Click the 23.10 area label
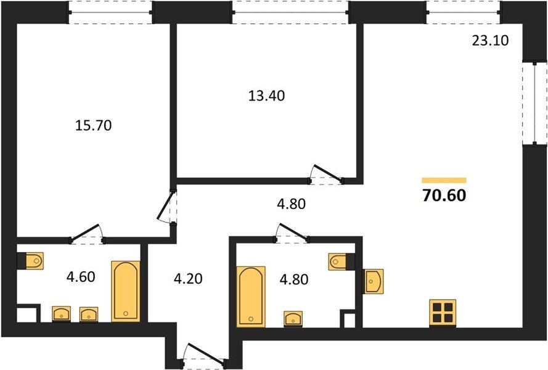(490, 41)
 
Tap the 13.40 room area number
(266, 96)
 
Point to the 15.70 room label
(93, 125)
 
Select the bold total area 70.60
(444, 195)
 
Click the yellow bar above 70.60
(444, 180)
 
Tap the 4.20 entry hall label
(188, 279)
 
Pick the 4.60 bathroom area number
(81, 277)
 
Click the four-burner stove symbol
(443, 313)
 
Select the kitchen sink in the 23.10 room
(374, 281)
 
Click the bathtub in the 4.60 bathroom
(126, 291)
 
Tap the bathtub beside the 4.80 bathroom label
(251, 297)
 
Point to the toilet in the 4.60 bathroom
(31, 261)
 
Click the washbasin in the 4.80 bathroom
(293, 319)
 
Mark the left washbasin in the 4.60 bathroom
(62, 314)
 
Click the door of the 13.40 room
(325, 175)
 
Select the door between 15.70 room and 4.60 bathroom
(88, 234)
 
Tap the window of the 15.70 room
(110, 12)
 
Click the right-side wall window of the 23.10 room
(534, 103)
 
